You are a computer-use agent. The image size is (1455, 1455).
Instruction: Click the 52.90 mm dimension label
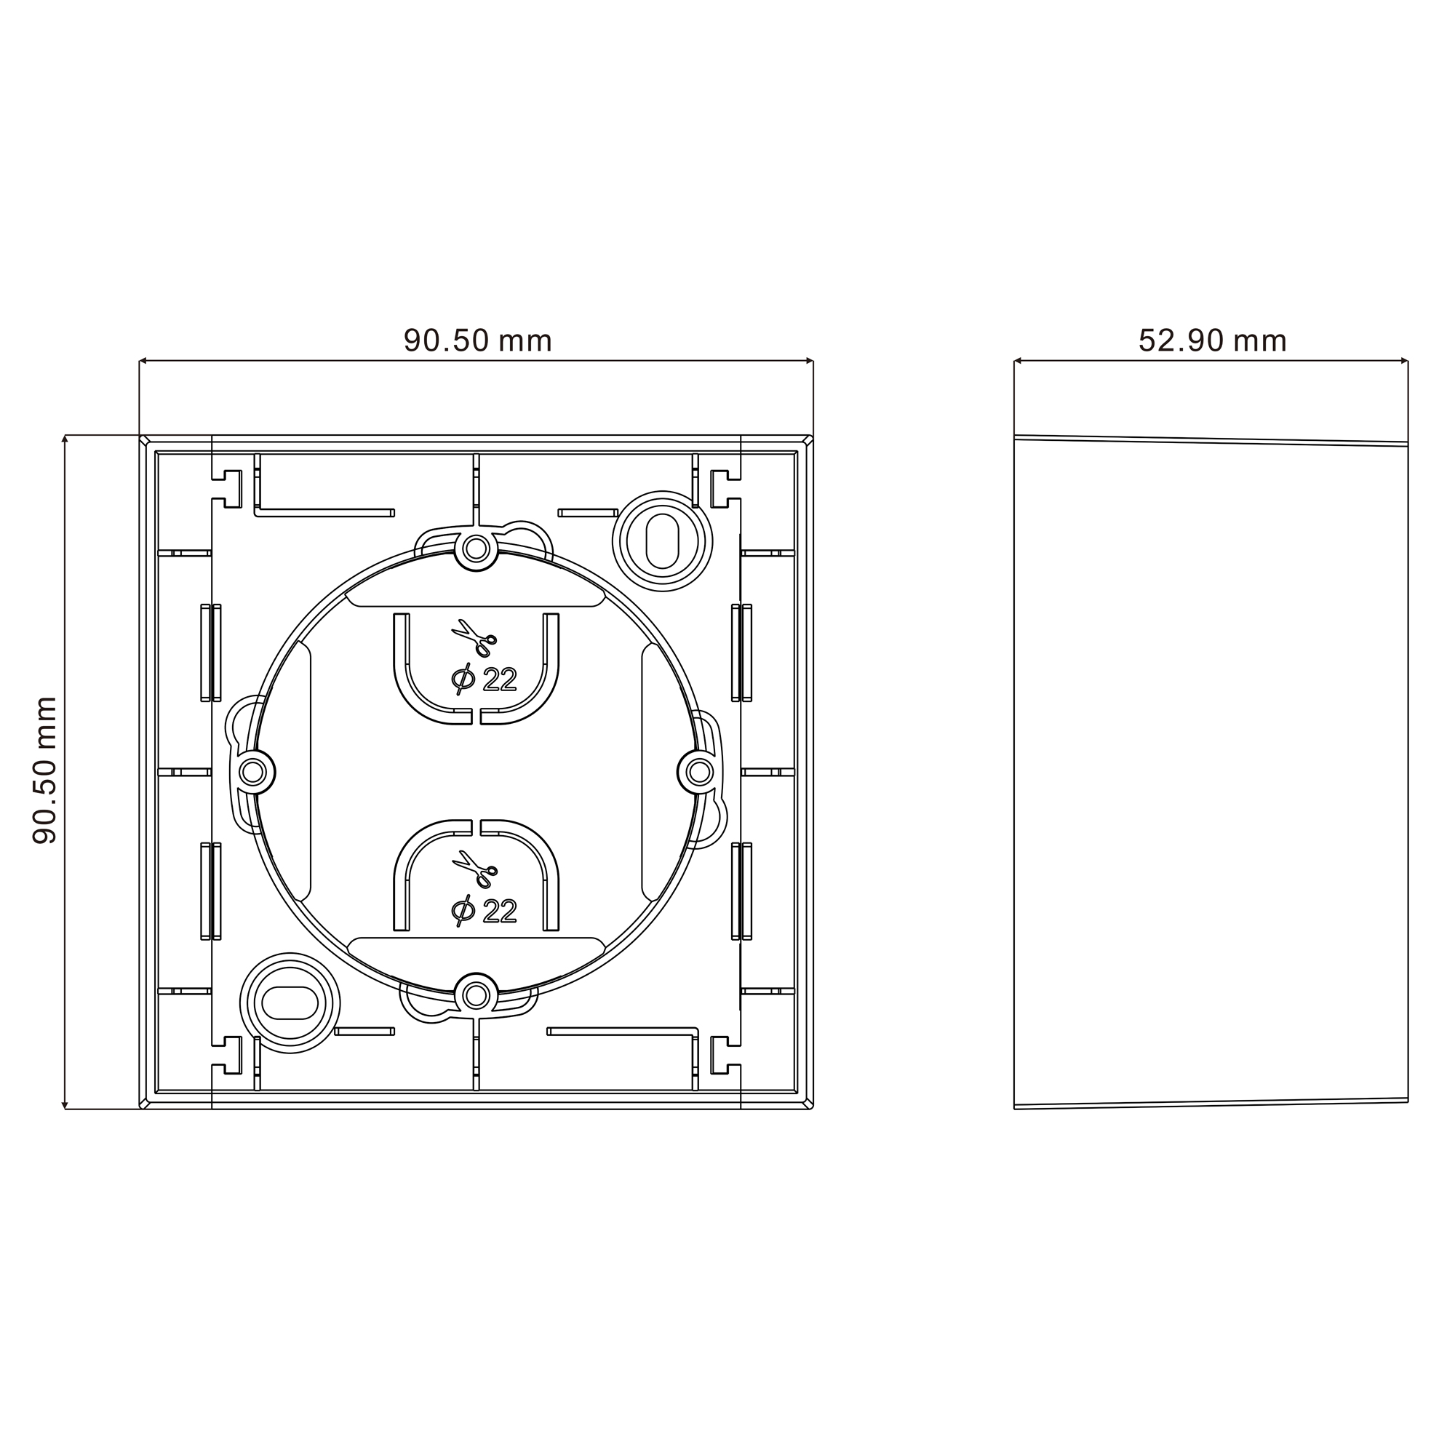coord(1212,340)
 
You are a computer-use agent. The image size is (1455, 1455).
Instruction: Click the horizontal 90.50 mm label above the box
coord(477,340)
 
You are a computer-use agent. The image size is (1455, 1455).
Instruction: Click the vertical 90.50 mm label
coord(45,770)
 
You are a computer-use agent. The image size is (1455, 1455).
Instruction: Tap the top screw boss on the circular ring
coord(476,549)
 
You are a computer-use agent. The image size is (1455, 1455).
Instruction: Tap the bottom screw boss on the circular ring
coord(476,996)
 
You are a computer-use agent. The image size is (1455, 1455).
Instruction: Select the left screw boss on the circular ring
coord(254,772)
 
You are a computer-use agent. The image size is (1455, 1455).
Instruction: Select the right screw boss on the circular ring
coord(699,772)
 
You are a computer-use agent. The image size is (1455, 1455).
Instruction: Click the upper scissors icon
coord(474,638)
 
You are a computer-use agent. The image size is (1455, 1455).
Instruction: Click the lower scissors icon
coord(474,869)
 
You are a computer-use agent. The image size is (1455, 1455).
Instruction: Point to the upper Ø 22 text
coord(485,679)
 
